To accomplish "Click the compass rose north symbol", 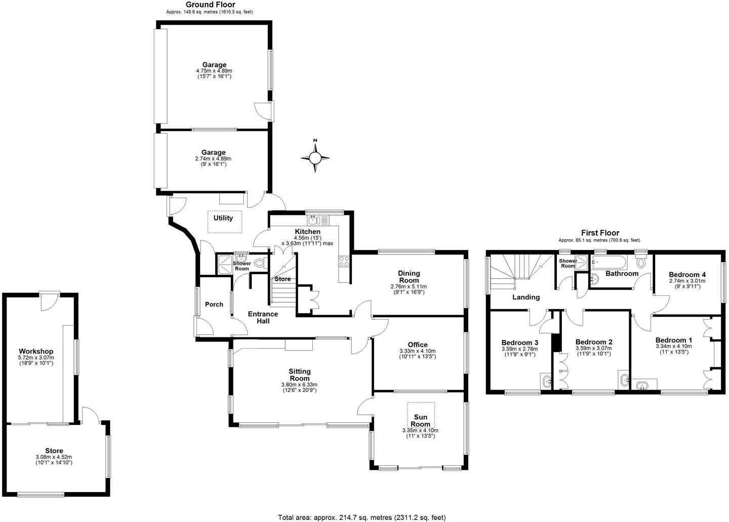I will pos(315,158).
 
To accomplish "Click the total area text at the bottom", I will pos(361,517).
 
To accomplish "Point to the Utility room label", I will pos(223,218).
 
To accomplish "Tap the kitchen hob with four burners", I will pos(343,261).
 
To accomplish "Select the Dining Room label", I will pos(409,277).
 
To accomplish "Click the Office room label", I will pos(418,345).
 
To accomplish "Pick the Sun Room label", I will pos(420,421).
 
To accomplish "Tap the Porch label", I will pos(214,304).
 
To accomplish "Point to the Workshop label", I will pos(36,352).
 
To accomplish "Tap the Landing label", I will pos(526,297).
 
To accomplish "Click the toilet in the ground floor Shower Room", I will pos(260,263).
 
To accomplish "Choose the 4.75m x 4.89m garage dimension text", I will pos(214,71).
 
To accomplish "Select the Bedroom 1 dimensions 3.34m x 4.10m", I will pos(673,346).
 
